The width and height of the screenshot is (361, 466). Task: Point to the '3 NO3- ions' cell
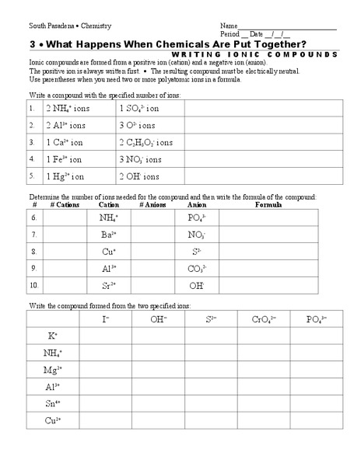[x=140, y=159]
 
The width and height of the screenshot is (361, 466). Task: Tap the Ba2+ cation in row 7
[x=109, y=234]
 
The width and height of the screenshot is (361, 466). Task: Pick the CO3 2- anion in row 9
[x=196, y=268]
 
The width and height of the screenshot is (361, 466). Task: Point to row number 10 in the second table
[x=33, y=285]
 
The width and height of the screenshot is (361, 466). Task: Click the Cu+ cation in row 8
[x=109, y=251]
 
